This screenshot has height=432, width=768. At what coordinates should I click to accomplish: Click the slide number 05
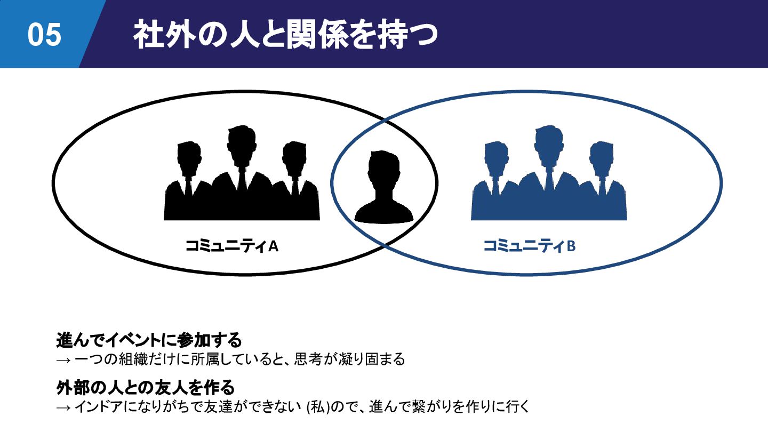45,35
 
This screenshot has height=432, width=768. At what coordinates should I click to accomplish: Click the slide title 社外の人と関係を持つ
285,35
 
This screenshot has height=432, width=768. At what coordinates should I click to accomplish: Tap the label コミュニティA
232,246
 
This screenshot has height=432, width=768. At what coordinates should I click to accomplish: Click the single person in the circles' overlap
384,187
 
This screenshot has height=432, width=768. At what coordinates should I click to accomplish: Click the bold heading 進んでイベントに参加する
149,339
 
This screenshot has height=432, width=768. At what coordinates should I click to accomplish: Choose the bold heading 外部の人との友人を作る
146,386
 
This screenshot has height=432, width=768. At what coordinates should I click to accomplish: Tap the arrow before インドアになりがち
63,407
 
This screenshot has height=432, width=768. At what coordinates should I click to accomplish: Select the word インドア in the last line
96,407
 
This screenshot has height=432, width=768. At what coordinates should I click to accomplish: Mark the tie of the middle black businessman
242,179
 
